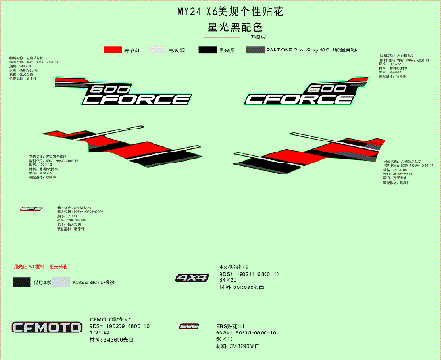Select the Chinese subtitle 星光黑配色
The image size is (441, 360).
220,28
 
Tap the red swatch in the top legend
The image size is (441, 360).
114,48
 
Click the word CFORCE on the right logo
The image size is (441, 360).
299,98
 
